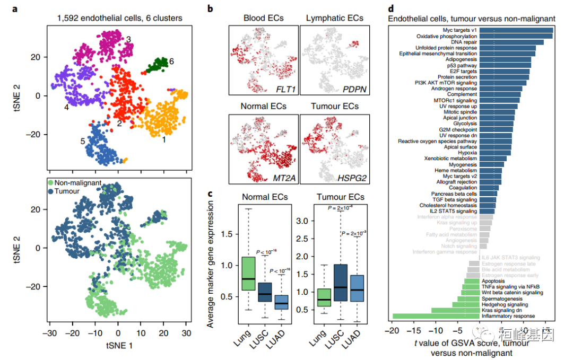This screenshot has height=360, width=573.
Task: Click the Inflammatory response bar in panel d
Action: (435, 317)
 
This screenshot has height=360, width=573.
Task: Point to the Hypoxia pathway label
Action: (465, 152)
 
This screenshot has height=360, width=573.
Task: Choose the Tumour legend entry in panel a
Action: (66, 191)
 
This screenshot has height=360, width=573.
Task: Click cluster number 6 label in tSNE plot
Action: (171, 62)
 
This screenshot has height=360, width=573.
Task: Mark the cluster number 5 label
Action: (83, 142)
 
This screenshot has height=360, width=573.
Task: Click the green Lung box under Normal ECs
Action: (248, 274)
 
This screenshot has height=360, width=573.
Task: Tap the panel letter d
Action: (391, 9)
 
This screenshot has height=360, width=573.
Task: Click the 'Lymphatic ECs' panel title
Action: (335, 18)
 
